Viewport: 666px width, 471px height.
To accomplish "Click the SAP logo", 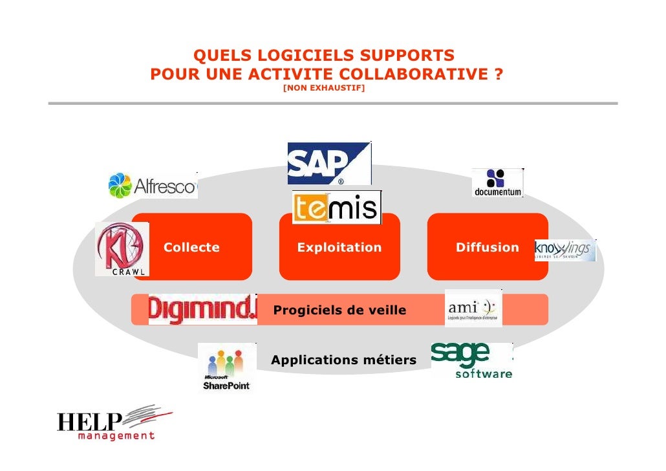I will (329, 163).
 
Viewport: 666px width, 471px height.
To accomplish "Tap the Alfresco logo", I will (153, 186).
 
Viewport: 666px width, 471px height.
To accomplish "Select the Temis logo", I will (336, 208).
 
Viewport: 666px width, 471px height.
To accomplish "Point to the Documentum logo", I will (497, 183).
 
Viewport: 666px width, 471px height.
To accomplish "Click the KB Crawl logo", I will (122, 249).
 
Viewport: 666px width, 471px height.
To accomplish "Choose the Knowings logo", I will (564, 250).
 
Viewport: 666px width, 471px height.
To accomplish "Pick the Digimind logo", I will (202, 309).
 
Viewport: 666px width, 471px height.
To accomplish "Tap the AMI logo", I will (473, 308).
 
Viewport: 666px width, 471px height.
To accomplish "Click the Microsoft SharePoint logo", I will (226, 367).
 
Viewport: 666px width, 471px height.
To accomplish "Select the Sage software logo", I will (471, 360).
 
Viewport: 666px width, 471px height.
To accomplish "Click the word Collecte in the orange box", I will (191, 248).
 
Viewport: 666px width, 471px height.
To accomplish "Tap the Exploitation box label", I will (339, 248).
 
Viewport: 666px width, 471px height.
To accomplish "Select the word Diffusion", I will (488, 248).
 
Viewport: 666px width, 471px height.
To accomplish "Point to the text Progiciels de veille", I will (340, 311).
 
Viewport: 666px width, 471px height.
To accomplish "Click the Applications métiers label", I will (344, 360).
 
